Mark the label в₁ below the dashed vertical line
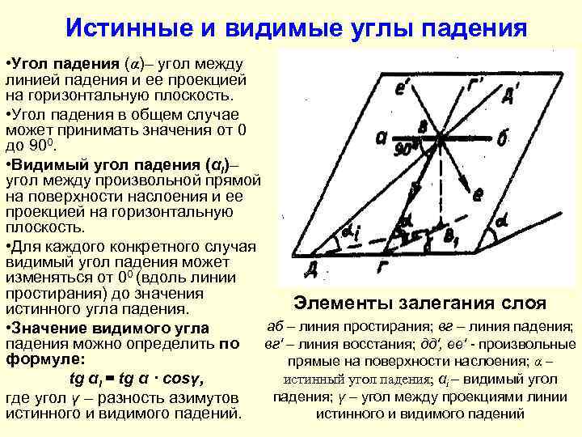click(450, 237)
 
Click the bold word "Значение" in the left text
click(51, 329)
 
